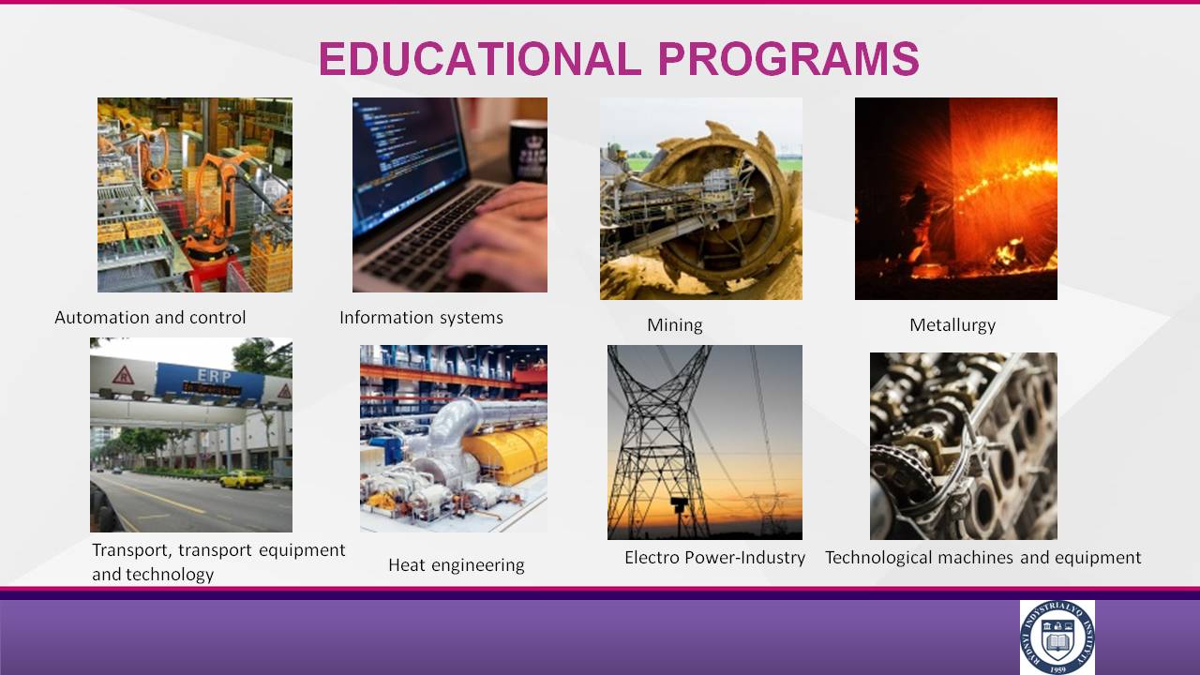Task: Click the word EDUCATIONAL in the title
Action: click(479, 58)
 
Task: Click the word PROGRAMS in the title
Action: click(788, 58)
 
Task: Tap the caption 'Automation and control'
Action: click(150, 318)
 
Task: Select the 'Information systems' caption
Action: click(421, 318)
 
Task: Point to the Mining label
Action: click(674, 325)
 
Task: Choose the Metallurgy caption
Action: click(952, 325)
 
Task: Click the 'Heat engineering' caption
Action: click(457, 565)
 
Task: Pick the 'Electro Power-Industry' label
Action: click(714, 558)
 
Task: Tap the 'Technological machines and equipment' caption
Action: click(983, 558)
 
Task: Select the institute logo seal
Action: click(1057, 637)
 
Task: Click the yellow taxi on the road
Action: click(242, 479)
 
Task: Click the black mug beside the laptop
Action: click(528, 151)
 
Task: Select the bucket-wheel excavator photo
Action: click(701, 199)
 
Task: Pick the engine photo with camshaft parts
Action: click(964, 446)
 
